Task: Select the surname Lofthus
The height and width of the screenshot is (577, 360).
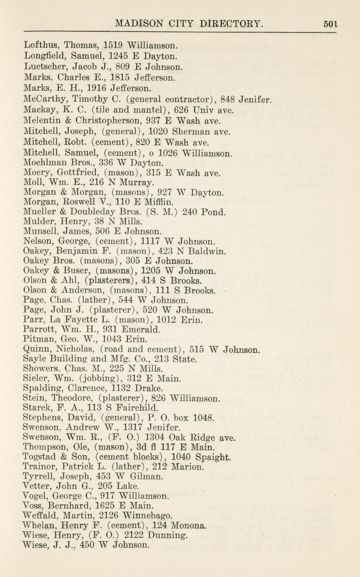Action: click(40, 45)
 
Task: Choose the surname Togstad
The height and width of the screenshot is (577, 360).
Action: click(41, 456)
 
